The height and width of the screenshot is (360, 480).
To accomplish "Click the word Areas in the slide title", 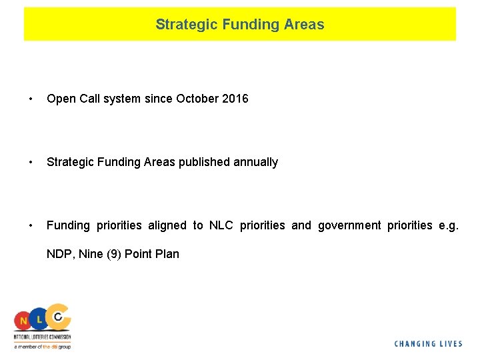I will point(302,25).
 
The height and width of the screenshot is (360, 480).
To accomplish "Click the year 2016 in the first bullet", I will point(235,99).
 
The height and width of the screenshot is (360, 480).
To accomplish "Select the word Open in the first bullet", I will point(61,99).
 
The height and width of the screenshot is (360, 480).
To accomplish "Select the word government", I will point(349,225).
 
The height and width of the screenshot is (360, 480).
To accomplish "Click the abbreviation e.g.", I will point(449,225).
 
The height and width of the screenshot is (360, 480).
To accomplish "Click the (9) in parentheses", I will point(114,254).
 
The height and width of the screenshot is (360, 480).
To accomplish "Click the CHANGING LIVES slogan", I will point(428,344).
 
